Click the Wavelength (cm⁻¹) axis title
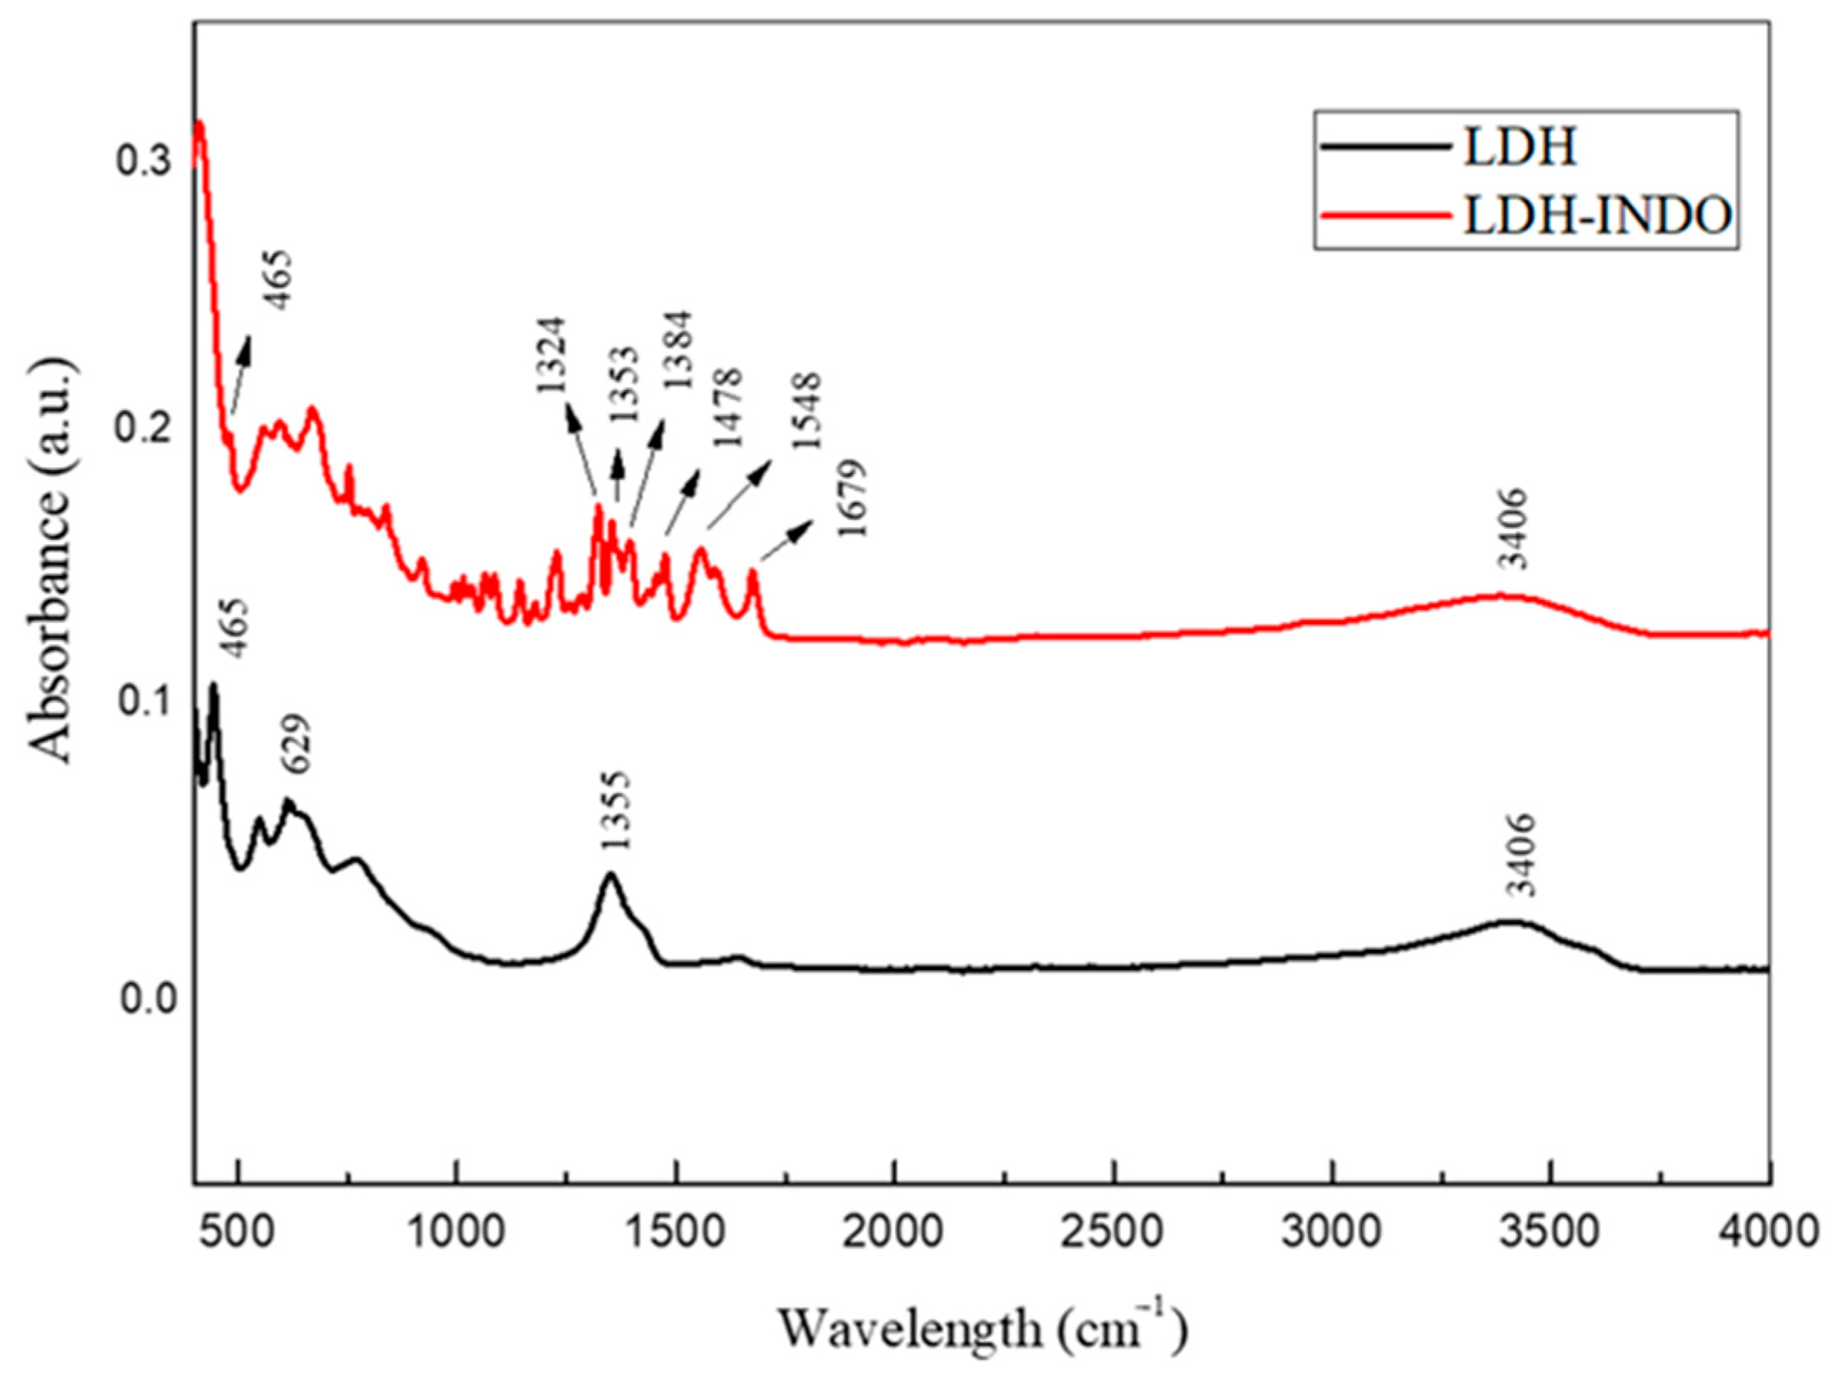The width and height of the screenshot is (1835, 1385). click(x=983, y=1329)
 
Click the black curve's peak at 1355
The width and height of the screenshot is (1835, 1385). click(x=610, y=874)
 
